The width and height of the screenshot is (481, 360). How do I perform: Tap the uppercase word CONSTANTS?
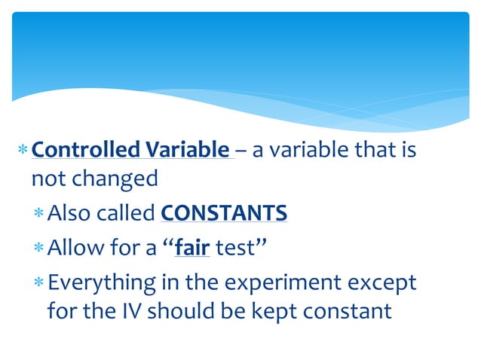[x=224, y=213]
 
